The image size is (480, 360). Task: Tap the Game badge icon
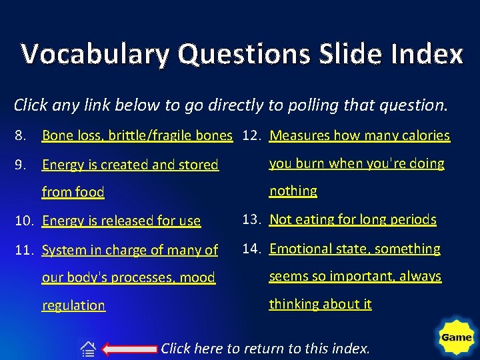[456, 337]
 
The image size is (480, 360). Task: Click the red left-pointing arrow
[131, 348]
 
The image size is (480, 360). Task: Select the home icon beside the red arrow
[88, 349]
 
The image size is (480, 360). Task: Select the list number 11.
[23, 250]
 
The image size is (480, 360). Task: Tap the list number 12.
[251, 135]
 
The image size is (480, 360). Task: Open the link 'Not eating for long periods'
[353, 219]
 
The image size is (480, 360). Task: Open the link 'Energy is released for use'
[121, 221]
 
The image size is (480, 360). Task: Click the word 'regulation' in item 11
[73, 305]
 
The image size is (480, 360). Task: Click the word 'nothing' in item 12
[293, 191]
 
